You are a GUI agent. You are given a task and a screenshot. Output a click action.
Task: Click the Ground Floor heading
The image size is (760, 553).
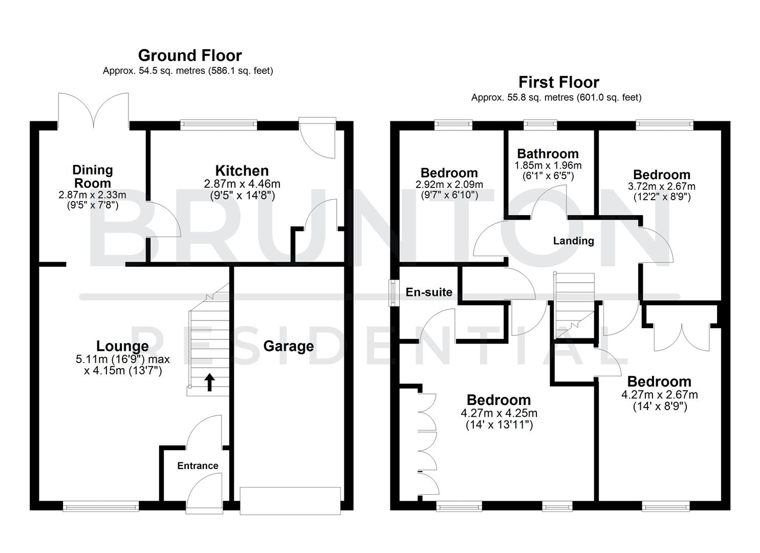point(190,55)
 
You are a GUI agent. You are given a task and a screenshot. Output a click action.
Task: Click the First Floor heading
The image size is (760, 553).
point(558,82)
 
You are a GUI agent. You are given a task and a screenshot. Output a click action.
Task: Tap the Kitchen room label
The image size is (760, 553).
point(242,171)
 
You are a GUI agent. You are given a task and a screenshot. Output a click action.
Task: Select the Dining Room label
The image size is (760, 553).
point(92,177)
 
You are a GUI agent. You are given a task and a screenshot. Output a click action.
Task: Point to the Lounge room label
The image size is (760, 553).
point(123,347)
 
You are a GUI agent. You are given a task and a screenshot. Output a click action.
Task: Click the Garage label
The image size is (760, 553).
point(288,346)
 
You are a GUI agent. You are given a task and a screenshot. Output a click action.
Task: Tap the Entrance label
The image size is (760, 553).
point(198,465)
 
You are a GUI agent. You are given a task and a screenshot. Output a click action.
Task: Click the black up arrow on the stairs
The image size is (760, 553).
point(209,382)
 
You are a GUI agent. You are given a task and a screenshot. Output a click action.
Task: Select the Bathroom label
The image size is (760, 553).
point(548,154)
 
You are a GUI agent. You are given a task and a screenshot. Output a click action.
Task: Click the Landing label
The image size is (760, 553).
point(573,241)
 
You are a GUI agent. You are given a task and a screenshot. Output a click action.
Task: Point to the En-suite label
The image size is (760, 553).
point(429,292)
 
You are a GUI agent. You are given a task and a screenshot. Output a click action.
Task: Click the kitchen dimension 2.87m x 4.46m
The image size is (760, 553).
point(242,184)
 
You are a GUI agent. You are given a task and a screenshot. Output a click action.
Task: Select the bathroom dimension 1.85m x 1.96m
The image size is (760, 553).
point(548,165)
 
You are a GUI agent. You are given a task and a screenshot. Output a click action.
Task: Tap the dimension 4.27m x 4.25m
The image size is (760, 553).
point(499,413)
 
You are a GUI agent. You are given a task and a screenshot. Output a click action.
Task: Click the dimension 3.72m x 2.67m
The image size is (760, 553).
point(661,186)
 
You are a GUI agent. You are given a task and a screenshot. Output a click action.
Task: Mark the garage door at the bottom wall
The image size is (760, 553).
point(290,500)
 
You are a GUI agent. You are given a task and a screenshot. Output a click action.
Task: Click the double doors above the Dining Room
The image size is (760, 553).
point(93,110)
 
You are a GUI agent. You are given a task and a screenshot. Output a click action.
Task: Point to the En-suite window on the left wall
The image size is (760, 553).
point(393,292)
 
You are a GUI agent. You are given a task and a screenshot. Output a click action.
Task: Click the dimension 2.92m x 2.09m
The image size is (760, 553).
point(449,184)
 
